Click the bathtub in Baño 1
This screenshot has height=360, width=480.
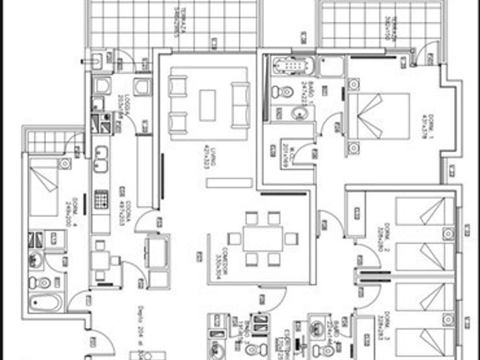point(293,66)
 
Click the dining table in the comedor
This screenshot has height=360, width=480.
point(263,238)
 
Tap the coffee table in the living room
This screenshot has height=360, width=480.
point(207,105)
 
